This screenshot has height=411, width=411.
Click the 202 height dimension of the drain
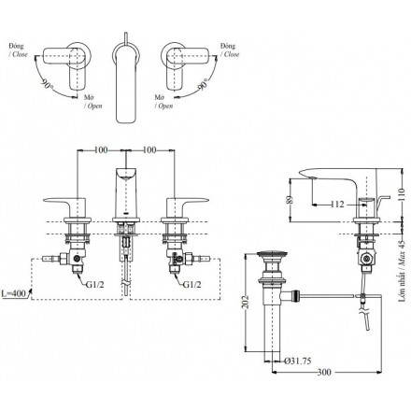(247, 302)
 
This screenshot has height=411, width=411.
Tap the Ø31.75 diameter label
(298, 361)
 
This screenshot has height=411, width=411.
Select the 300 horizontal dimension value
(324, 372)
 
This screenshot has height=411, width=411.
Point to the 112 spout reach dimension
(337, 205)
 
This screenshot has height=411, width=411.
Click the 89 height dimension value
(290, 200)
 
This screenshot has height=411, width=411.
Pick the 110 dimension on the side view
(402, 195)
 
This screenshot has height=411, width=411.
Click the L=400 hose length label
(13, 293)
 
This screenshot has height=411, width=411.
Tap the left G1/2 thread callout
(95, 284)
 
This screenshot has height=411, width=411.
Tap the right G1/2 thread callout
(191, 284)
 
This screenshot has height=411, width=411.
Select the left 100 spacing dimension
(101, 150)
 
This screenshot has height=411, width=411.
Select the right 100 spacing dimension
(149, 150)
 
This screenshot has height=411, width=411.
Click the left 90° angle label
(47, 83)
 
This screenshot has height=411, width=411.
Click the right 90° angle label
(204, 83)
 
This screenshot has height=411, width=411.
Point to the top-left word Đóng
(16, 46)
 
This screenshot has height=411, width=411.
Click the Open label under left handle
(93, 106)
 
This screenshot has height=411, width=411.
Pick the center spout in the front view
(125, 194)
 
